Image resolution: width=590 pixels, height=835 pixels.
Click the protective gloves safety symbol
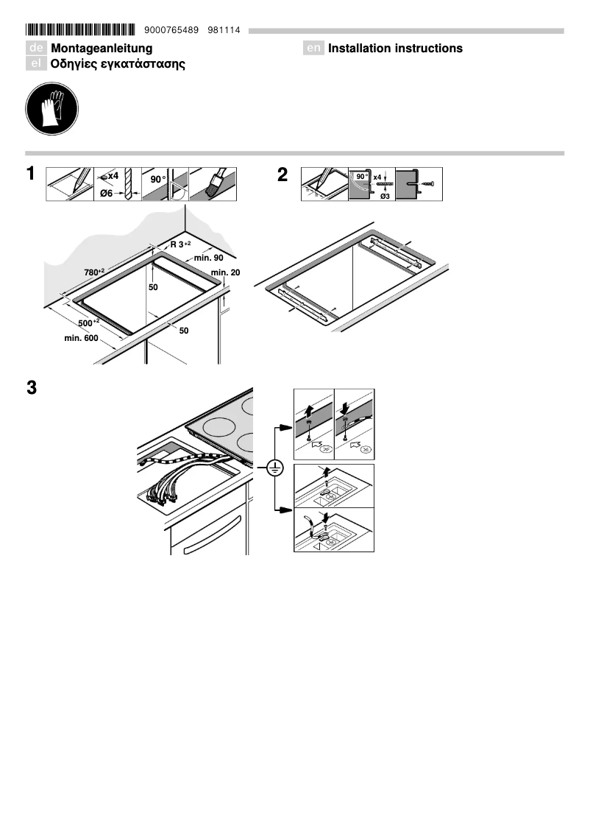tap(51, 109)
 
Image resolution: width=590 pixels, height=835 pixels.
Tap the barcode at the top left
tap(80, 29)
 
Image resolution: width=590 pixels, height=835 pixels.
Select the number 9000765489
tap(171, 30)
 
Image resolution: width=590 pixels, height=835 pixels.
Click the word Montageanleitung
tap(102, 49)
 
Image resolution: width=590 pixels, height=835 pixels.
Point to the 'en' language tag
tap(313, 48)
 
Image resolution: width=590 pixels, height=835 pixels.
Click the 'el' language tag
tap(35, 64)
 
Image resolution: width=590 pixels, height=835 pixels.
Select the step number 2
tap(282, 175)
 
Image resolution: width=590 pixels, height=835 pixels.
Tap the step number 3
tap(32, 387)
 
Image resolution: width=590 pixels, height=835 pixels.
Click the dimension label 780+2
tap(94, 272)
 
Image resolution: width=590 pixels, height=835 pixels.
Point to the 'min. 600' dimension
tap(82, 338)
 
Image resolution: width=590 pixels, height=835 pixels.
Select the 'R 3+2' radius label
tap(180, 244)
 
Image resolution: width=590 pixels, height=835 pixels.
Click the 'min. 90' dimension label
tap(208, 258)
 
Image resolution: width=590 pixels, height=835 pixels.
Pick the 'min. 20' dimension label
tap(226, 272)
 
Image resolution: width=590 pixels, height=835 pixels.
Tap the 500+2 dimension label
tap(89, 323)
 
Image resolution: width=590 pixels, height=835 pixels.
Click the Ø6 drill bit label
tap(107, 194)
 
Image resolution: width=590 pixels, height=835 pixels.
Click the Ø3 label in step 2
tap(385, 197)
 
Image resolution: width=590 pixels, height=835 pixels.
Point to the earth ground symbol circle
tap(274, 468)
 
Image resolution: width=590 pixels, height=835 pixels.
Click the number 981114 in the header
tap(224, 30)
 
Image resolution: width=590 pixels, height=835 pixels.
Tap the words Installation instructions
tap(395, 49)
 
